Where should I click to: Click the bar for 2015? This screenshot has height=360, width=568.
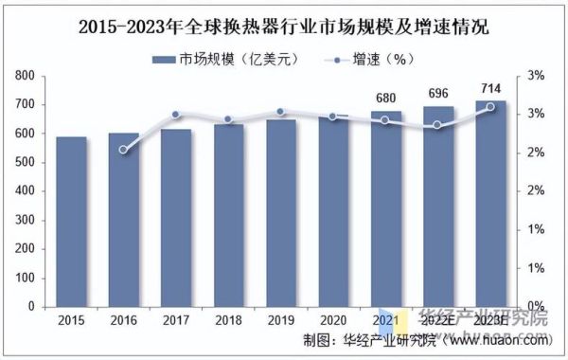click(x=71, y=223)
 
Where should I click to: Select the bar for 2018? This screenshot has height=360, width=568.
click(x=228, y=216)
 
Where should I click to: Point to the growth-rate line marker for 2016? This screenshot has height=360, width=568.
click(x=123, y=150)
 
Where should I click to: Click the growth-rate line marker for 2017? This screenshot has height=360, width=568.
click(x=176, y=115)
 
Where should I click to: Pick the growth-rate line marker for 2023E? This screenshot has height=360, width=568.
click(x=491, y=107)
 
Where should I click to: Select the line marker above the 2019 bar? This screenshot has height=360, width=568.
click(x=281, y=112)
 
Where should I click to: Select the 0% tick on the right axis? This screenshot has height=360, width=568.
click(x=535, y=307)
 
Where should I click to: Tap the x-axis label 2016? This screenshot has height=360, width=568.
click(x=123, y=322)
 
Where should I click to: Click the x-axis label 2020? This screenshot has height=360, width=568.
click(x=333, y=322)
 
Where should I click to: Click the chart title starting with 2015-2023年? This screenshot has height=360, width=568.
click(x=283, y=26)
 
